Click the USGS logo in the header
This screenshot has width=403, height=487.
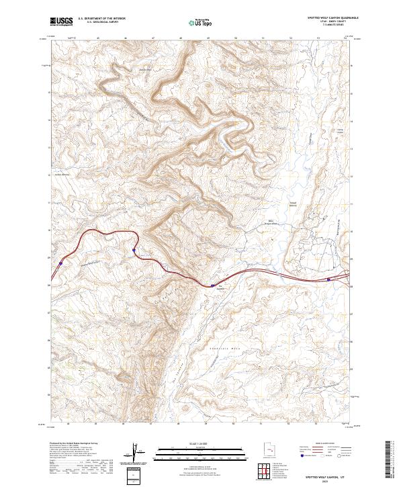point(60,21)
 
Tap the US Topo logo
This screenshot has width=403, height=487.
point(201,22)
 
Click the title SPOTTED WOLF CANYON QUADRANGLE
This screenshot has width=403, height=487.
point(333,17)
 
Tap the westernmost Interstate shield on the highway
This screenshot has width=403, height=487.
point(61,263)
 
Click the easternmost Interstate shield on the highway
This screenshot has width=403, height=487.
point(328,279)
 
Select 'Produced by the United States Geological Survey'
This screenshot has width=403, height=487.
point(75,444)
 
